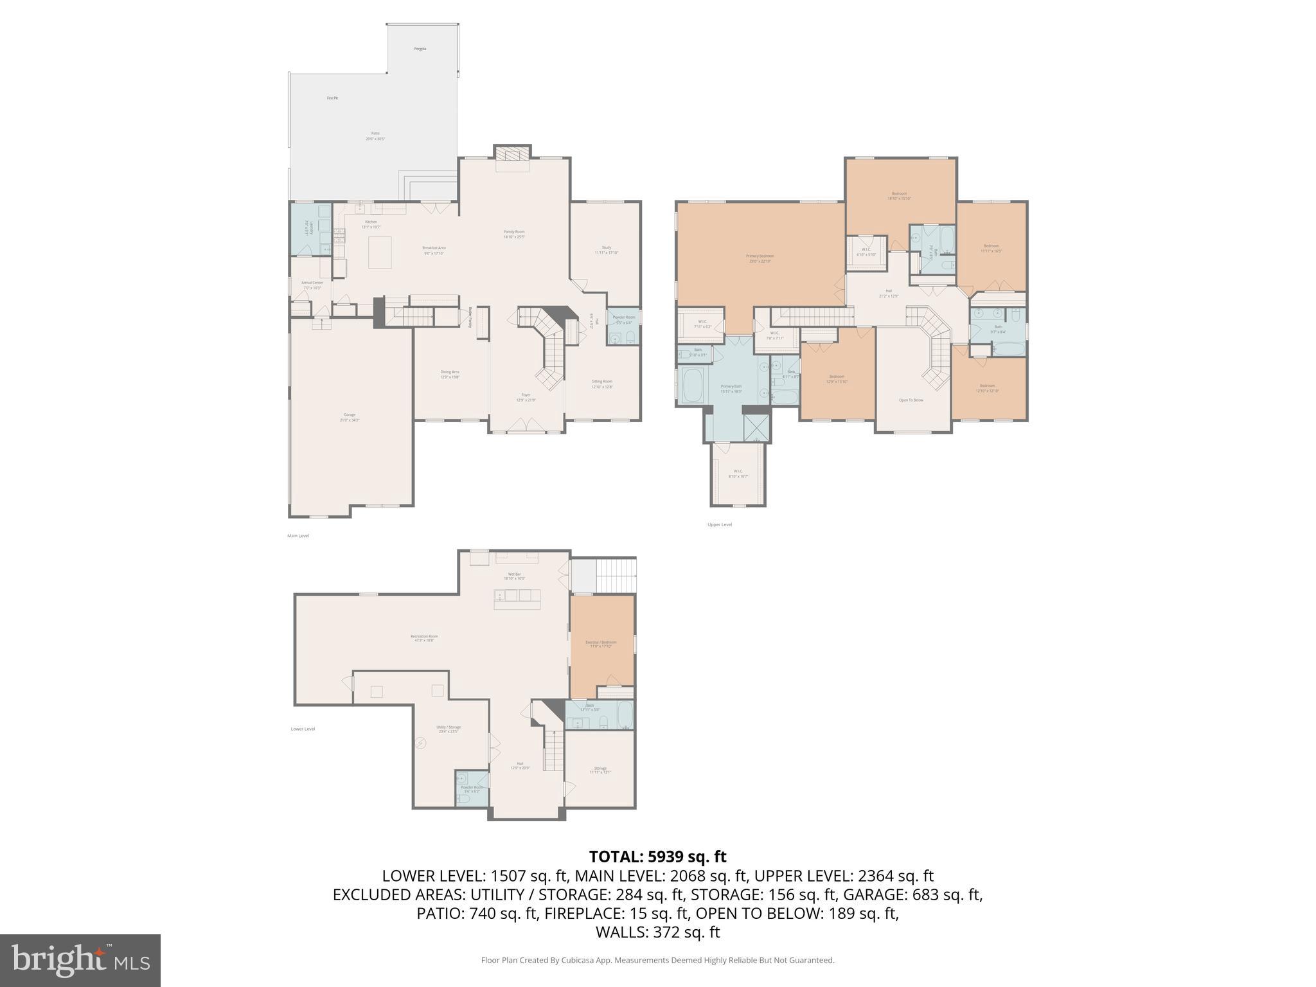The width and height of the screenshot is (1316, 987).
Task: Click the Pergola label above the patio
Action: (420, 49)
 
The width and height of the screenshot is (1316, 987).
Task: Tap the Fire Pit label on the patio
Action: (332, 98)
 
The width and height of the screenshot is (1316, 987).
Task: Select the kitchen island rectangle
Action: (379, 253)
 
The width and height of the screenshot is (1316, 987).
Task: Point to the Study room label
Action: (606, 249)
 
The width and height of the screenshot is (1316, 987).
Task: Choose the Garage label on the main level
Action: (350, 416)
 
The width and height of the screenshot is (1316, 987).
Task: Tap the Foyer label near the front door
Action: (526, 396)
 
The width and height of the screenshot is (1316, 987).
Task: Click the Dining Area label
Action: (449, 373)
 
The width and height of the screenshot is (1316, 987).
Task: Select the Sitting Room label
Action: (602, 383)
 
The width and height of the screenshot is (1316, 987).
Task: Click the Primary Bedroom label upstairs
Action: (760, 258)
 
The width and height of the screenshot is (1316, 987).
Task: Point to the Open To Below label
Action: (911, 400)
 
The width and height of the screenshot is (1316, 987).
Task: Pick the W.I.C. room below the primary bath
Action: (738, 473)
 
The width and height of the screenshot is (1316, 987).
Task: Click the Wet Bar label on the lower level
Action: (514, 576)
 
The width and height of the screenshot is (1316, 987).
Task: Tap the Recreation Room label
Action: (424, 637)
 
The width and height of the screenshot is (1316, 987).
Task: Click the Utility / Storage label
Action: (449, 729)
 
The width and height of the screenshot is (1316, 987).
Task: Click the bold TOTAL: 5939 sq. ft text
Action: (657, 857)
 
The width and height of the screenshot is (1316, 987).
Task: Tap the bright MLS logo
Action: (80, 960)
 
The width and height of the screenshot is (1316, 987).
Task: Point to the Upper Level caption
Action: (719, 524)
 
